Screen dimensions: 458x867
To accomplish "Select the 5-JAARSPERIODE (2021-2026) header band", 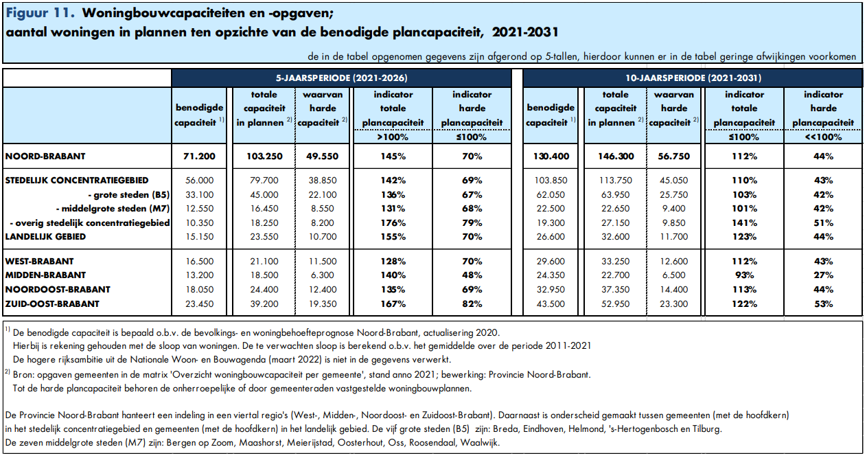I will tap(345, 78).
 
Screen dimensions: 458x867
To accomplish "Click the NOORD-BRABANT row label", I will tap(45, 157).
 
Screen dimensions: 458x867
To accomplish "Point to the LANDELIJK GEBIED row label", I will tap(45, 237).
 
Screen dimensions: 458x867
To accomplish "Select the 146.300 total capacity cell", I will tap(615, 157).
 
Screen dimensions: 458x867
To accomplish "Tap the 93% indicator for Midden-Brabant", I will tap(744, 275).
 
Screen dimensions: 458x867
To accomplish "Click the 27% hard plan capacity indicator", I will tap(823, 275).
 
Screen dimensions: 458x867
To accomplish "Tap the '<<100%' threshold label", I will tap(823, 137).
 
